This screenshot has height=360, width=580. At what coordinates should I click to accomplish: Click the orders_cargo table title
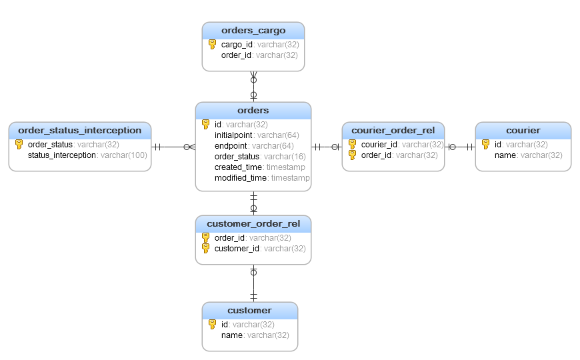click(x=253, y=31)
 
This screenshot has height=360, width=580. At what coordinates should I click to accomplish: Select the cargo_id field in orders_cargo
click(x=237, y=45)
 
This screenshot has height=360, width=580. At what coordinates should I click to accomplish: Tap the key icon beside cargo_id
click(x=212, y=45)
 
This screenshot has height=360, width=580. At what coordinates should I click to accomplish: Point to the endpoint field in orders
click(x=231, y=146)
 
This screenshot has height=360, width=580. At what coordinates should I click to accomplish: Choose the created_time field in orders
click(x=238, y=167)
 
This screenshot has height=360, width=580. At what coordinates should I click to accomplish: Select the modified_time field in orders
click(x=241, y=178)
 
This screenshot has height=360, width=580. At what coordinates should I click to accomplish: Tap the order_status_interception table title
click(x=80, y=131)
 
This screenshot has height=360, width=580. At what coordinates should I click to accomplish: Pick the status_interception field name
click(x=62, y=155)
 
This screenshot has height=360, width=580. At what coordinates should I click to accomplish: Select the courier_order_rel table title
click(x=393, y=131)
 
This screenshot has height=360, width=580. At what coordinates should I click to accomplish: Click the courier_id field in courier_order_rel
click(x=379, y=145)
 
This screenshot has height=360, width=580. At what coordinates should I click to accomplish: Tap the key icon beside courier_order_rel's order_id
click(x=353, y=155)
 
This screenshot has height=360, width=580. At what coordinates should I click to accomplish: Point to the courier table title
click(x=523, y=131)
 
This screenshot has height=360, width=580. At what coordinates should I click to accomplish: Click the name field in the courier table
click(x=505, y=155)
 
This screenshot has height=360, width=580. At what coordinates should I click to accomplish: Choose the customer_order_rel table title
click(x=253, y=224)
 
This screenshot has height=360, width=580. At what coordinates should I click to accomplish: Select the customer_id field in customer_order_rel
click(x=237, y=249)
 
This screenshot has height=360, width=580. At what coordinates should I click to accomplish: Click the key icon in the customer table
click(x=212, y=325)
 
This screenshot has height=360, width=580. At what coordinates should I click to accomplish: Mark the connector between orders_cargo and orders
click(x=253, y=87)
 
